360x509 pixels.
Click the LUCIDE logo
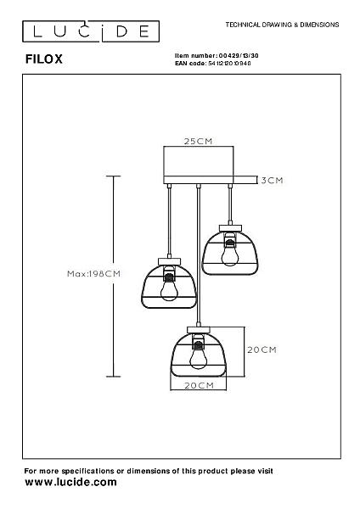click(x=91, y=31)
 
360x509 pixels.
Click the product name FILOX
click(x=44, y=59)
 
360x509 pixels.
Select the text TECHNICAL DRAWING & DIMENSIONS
click(x=282, y=25)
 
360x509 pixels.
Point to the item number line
click(x=217, y=55)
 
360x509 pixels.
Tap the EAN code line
click(x=213, y=64)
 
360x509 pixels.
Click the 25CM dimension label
click(x=198, y=141)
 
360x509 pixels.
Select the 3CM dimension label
click(x=272, y=180)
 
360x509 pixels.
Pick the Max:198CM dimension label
click(x=94, y=274)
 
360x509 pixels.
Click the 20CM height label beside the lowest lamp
click(x=262, y=350)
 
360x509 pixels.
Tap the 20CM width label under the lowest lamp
click(x=200, y=385)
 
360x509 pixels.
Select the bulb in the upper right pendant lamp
click(x=230, y=253)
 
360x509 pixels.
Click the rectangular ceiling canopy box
click(x=199, y=165)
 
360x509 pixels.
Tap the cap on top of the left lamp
click(x=169, y=261)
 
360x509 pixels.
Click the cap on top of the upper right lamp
click(x=230, y=228)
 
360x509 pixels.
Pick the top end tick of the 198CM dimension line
click(x=114, y=176)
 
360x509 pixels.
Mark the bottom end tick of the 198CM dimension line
click(x=114, y=377)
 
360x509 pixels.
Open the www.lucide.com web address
click(x=70, y=482)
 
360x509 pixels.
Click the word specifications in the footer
click(x=87, y=471)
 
